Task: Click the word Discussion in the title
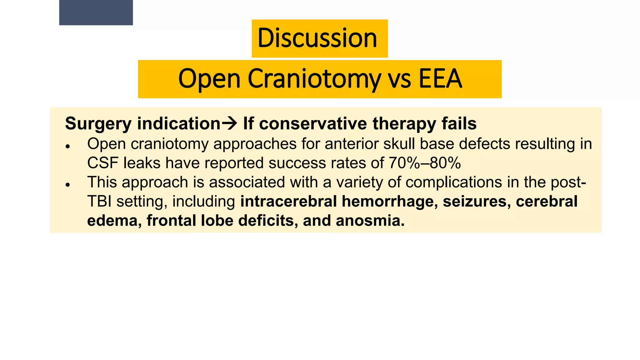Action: tap(317, 38)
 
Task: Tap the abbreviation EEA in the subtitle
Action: tap(440, 79)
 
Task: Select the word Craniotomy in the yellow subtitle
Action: tap(314, 79)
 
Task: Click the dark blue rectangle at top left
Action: tap(96, 12)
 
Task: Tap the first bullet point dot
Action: tap(67, 146)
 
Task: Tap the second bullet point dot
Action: tap(67, 185)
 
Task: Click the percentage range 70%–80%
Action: tap(425, 163)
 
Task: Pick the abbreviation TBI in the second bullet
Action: tap(99, 202)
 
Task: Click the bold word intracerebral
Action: tap(288, 202)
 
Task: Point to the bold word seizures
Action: tap(477, 202)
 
